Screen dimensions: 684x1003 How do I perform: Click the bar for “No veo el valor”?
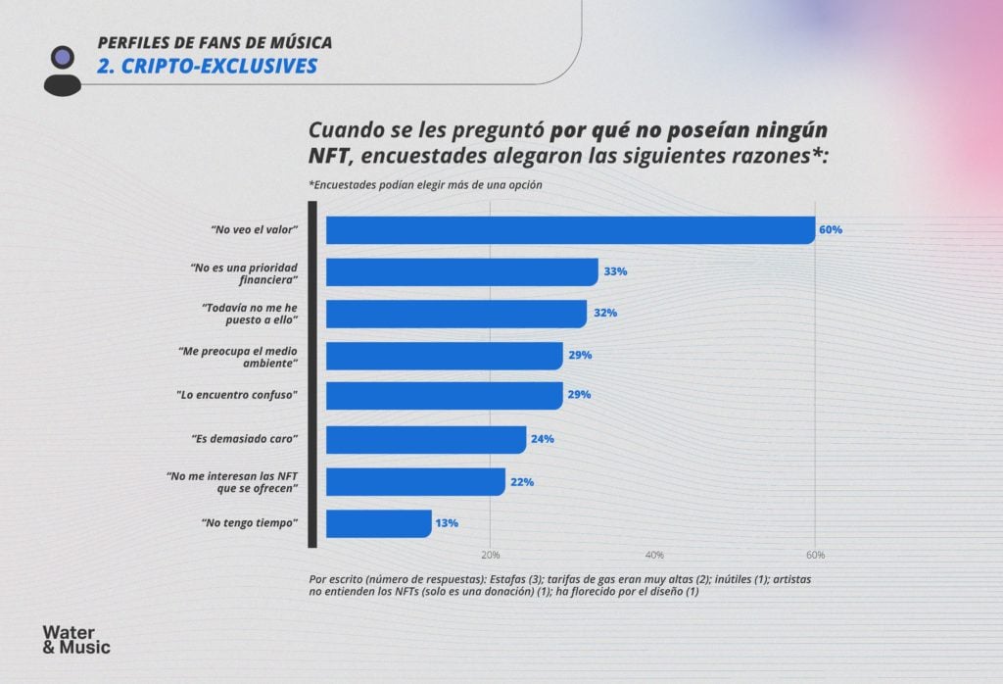click(x=570, y=230)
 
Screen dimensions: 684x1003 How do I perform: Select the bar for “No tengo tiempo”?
click(x=378, y=523)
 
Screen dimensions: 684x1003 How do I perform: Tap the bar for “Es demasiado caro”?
click(x=425, y=439)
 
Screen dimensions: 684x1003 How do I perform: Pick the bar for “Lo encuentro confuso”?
click(x=444, y=395)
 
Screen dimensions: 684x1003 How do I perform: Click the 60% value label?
click(x=831, y=230)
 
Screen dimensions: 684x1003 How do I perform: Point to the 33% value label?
click(x=615, y=271)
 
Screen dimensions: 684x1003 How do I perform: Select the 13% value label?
click(x=447, y=523)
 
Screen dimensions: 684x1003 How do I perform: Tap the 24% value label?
click(x=543, y=439)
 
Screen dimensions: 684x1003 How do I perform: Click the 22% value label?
click(x=521, y=482)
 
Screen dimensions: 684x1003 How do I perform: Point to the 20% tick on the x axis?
click(x=491, y=555)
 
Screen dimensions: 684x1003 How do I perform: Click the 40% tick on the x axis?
click(x=655, y=555)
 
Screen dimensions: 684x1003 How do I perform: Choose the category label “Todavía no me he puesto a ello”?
click(x=249, y=314)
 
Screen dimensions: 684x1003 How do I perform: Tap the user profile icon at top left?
click(x=63, y=70)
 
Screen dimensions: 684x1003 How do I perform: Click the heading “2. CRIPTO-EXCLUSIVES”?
click(x=207, y=66)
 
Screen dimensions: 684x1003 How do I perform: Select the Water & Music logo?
click(x=76, y=639)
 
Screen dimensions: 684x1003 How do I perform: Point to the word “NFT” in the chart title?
click(x=327, y=157)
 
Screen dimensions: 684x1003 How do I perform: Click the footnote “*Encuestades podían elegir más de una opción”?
click(x=425, y=185)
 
